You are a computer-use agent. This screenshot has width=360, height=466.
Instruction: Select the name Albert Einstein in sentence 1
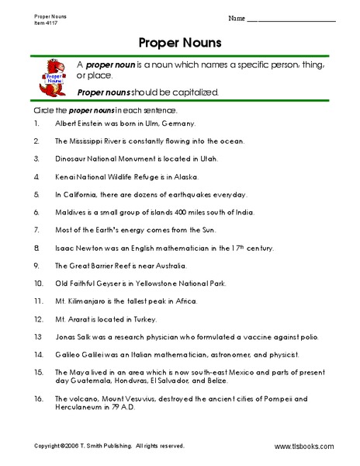point(84,124)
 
